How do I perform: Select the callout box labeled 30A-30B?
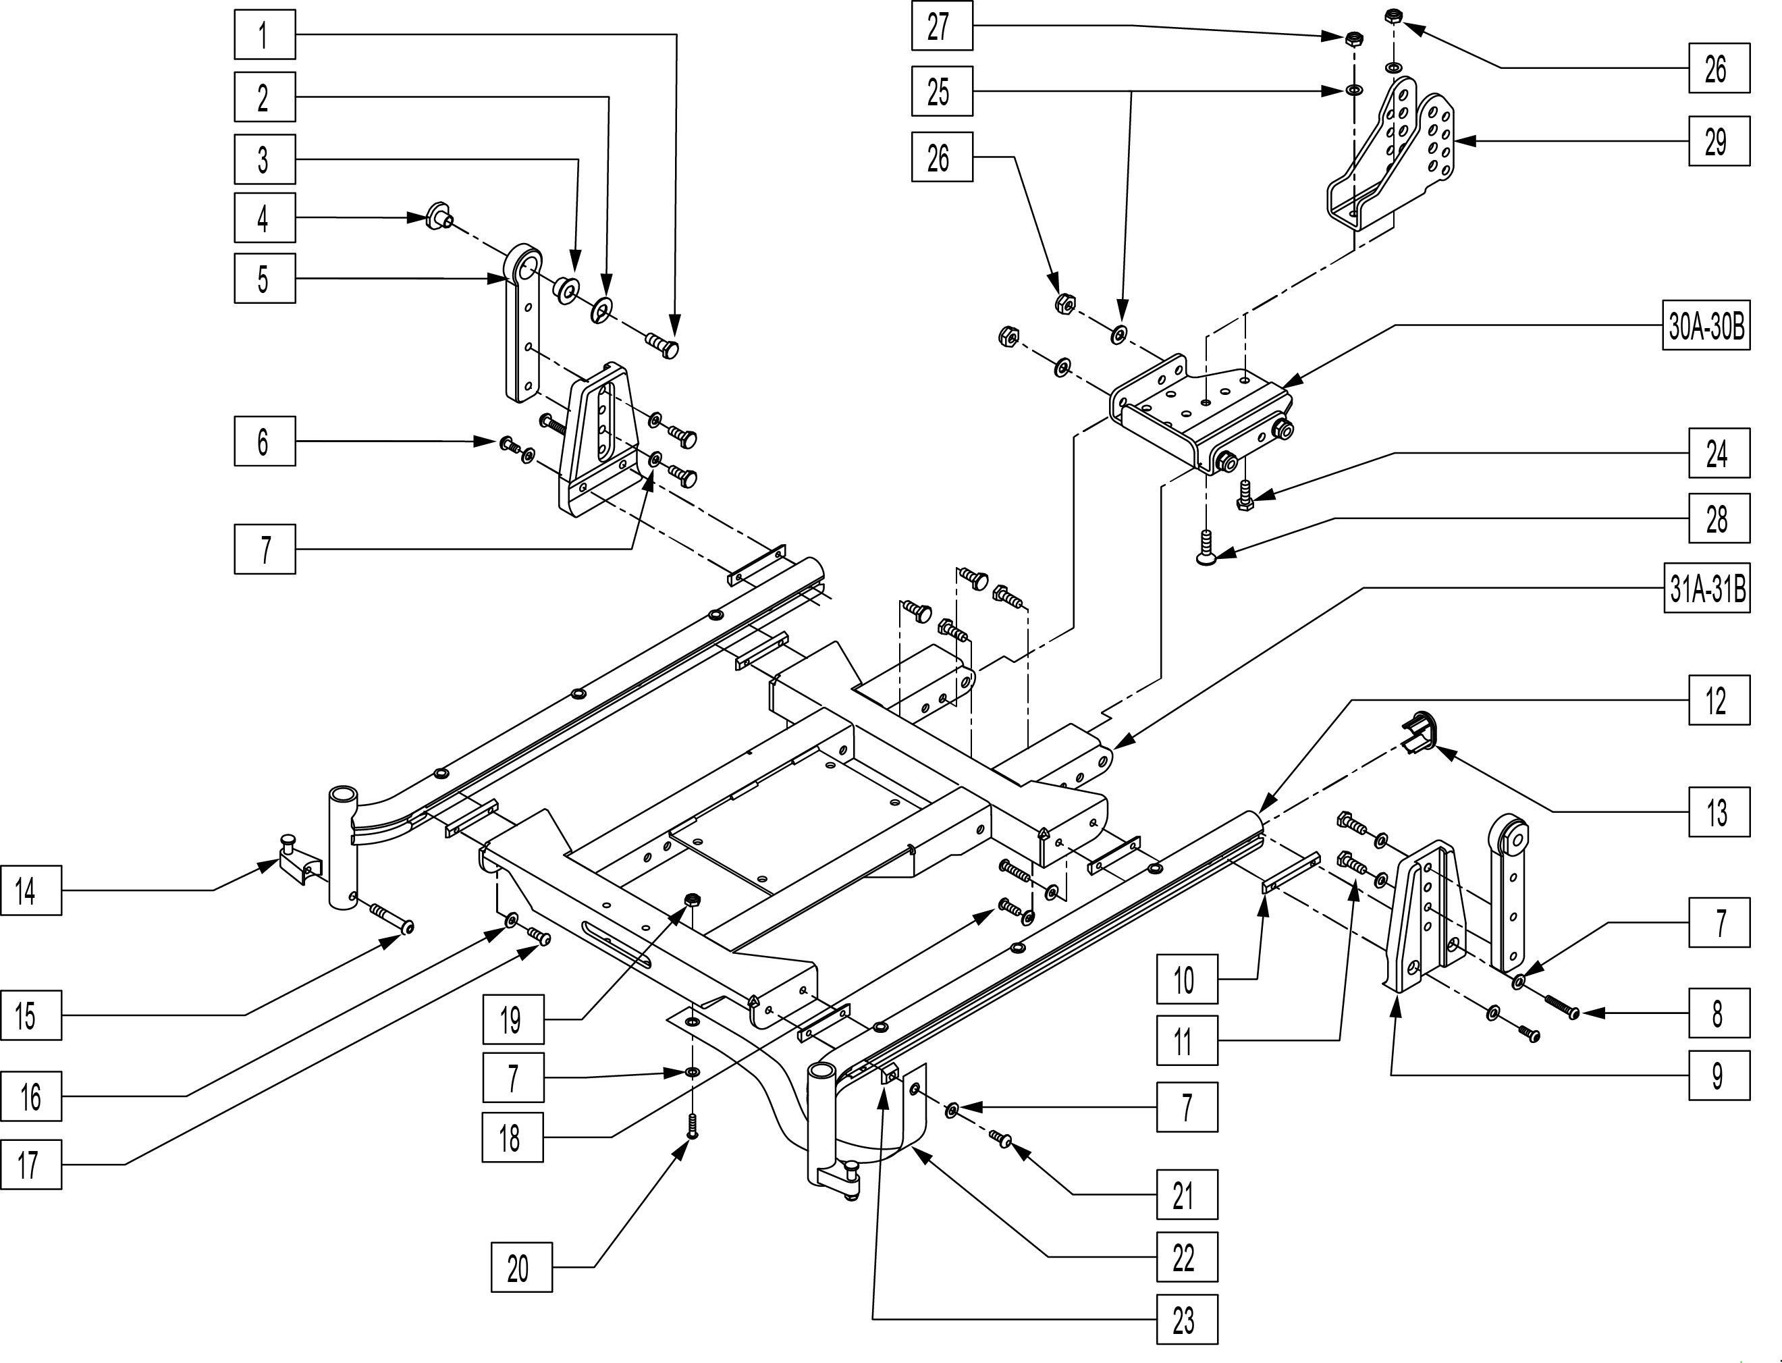[1706, 327]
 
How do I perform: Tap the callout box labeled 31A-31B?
[1706, 588]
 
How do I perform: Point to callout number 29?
[1719, 141]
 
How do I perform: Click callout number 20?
[522, 1267]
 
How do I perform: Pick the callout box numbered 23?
[1187, 1320]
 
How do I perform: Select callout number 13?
[1719, 812]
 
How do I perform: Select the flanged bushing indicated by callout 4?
[439, 217]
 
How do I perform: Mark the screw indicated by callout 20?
[692, 1127]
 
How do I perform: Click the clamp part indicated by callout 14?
[297, 858]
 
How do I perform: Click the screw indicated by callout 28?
[1206, 546]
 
